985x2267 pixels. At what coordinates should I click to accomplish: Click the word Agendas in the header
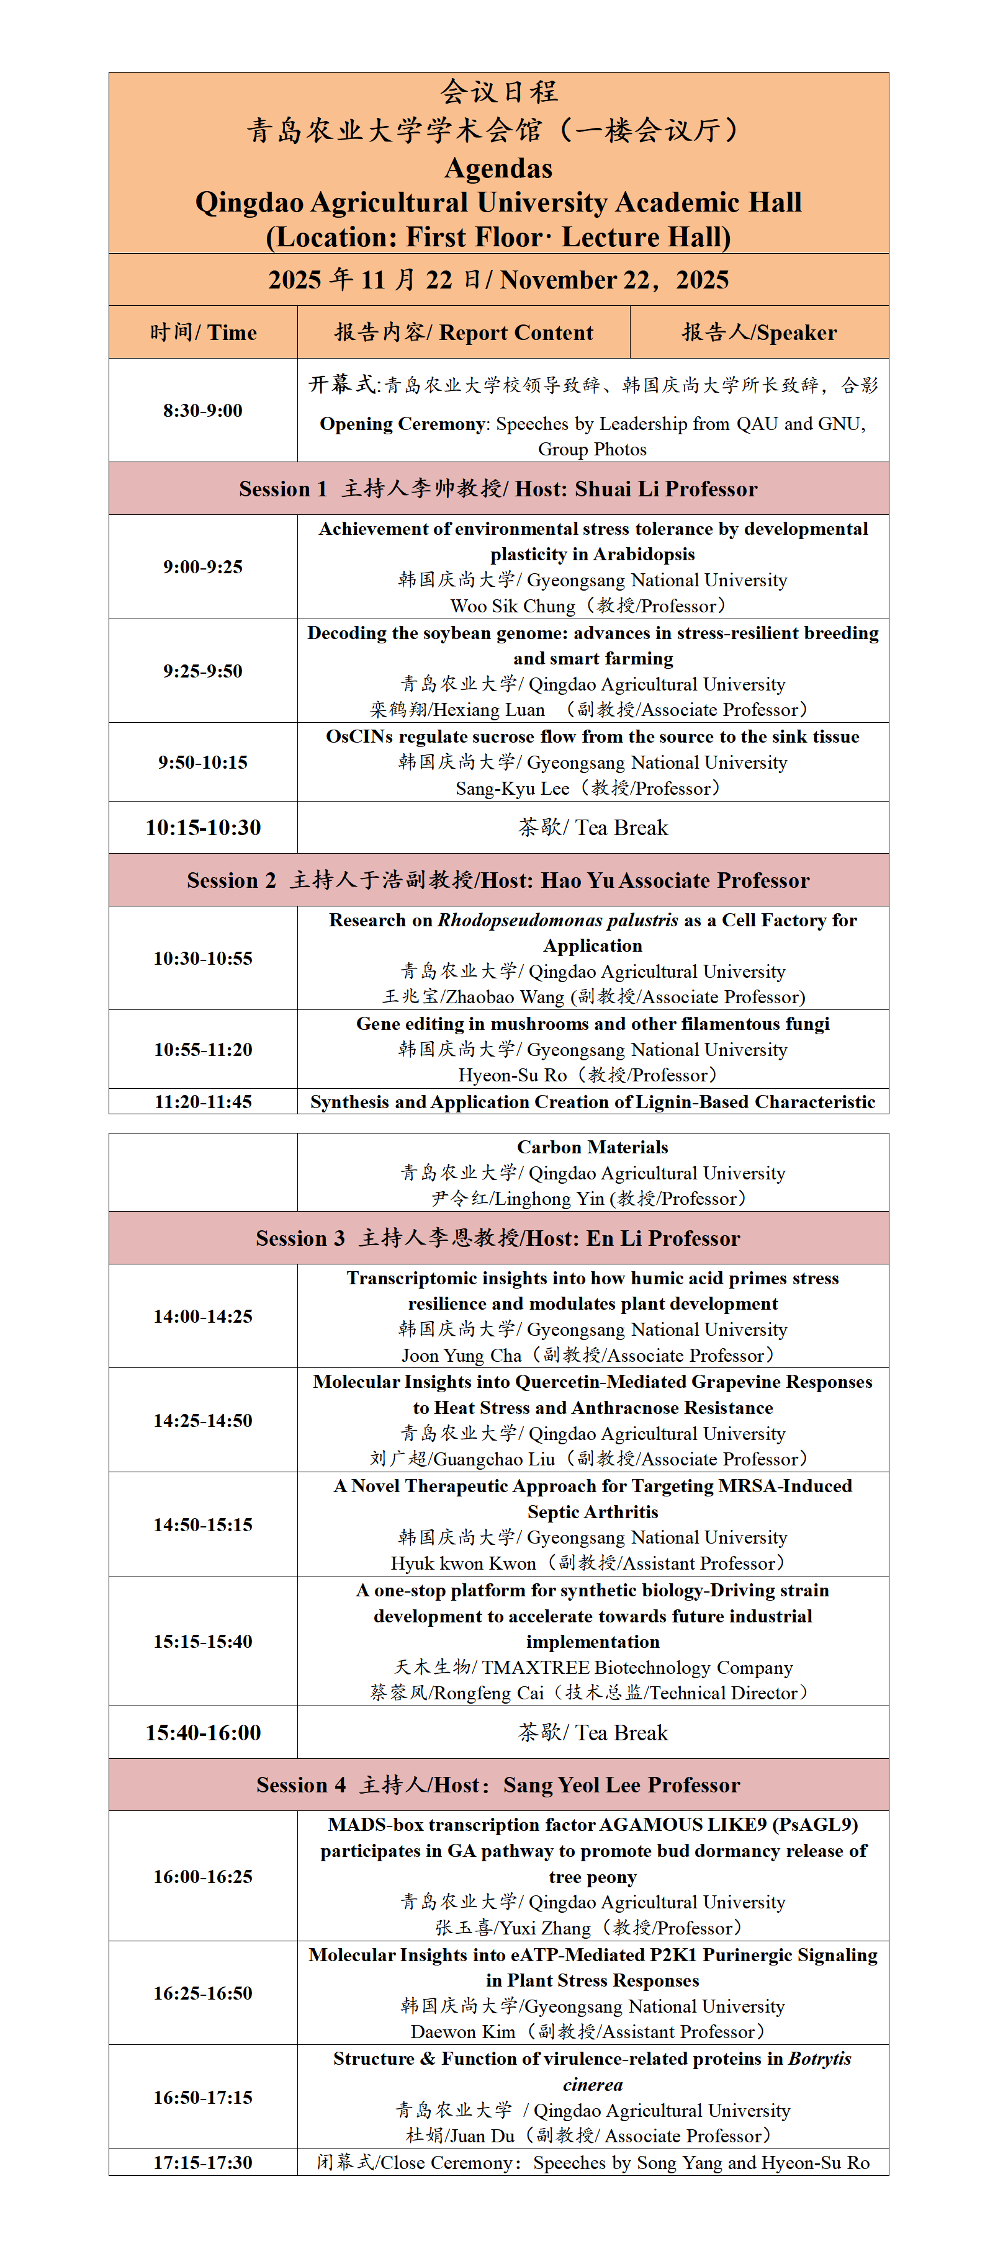point(498,168)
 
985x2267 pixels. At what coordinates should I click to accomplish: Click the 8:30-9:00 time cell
point(202,410)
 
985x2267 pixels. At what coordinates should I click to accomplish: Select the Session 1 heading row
point(498,488)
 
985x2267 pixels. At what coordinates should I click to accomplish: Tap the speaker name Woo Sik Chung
point(512,606)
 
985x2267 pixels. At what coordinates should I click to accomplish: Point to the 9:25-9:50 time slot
point(202,671)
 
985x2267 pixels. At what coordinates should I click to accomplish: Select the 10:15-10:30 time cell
point(202,827)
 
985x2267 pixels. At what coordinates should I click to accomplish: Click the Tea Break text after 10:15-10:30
point(621,827)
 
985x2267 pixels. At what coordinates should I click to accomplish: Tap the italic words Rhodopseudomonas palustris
point(558,919)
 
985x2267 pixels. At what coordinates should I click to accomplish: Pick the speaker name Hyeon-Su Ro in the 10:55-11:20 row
point(512,1075)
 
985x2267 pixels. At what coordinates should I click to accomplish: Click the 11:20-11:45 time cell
point(202,1102)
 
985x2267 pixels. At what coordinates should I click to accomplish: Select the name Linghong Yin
point(549,1199)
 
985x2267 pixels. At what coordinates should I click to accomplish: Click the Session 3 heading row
point(498,1238)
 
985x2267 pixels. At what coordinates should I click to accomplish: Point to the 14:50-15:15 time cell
point(202,1524)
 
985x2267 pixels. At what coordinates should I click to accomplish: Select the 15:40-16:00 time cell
point(202,1733)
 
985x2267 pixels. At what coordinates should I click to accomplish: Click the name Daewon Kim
point(463,2032)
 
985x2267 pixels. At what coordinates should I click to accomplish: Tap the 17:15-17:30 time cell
point(202,2162)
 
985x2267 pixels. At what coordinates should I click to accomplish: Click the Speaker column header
point(759,333)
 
